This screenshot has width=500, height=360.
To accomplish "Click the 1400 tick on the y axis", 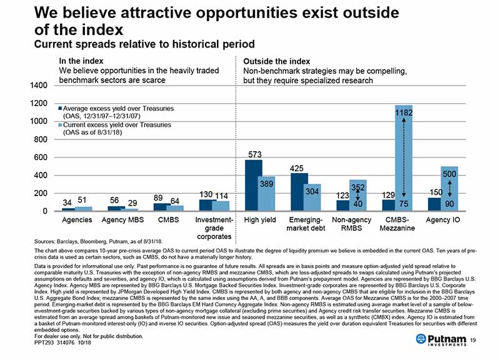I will pos(39,85).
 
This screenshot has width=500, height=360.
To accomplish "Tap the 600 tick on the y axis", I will pos(41,157).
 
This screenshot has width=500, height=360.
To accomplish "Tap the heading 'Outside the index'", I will pos(276,61).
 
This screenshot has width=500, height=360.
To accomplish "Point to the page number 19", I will pos(481,340).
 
